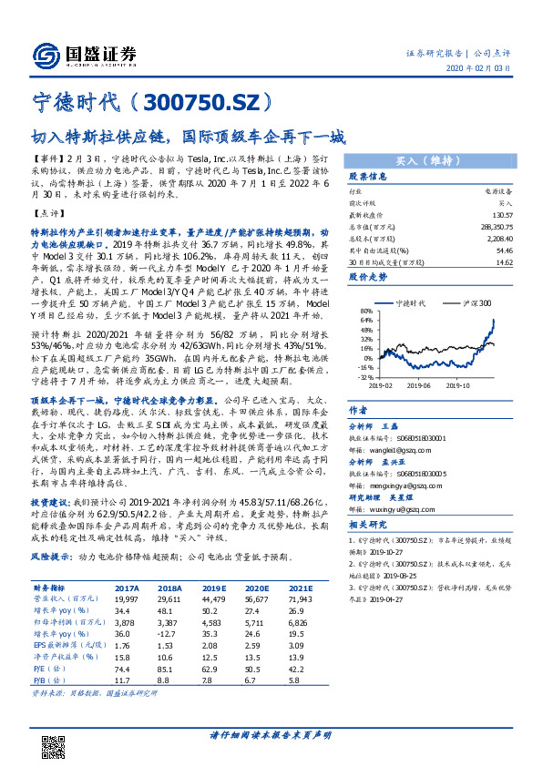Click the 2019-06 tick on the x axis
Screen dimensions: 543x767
click(x=418, y=384)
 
